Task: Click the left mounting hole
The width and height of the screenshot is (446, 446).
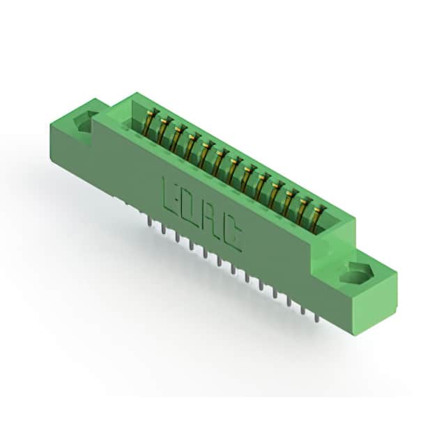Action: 82,122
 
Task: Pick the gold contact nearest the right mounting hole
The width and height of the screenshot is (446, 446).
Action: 316,219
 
